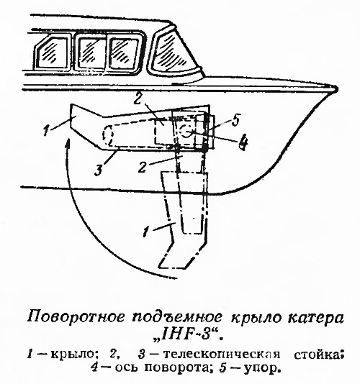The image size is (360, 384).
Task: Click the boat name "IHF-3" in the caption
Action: tap(189, 335)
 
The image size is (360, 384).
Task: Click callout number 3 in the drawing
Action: tap(99, 168)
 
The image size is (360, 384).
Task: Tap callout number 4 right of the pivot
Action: tap(244, 143)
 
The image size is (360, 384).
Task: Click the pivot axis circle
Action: tap(186, 132)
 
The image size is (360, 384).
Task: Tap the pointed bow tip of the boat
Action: tap(335, 88)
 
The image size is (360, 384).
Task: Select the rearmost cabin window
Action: tap(52, 52)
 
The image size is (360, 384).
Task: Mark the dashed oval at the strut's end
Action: tap(108, 134)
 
